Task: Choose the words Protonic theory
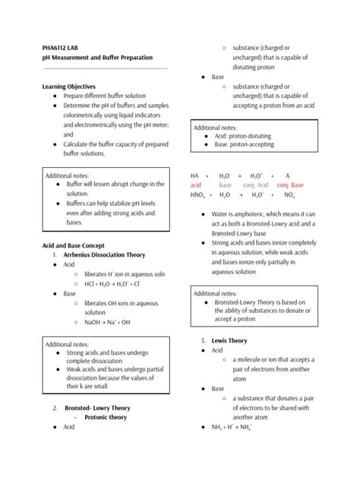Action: coord(106,417)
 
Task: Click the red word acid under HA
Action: coord(196,185)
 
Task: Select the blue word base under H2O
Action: coord(225,185)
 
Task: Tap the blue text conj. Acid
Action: coord(256,185)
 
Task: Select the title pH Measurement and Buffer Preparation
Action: coord(97,57)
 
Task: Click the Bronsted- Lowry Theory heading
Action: coord(97,407)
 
